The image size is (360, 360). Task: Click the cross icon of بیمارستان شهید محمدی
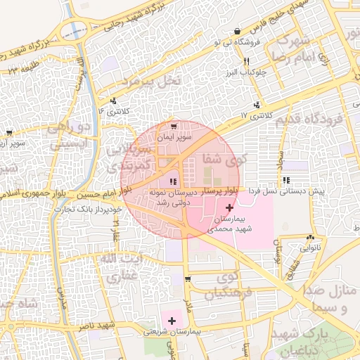click(x=230, y=207)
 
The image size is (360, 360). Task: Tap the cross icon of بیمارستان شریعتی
click(x=172, y=321)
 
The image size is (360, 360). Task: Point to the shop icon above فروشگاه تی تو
click(x=238, y=32)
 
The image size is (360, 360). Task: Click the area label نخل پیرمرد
click(x=151, y=81)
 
